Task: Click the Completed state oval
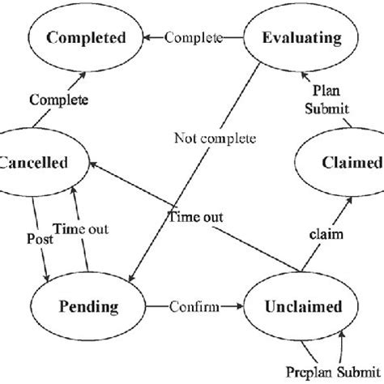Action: (x=85, y=37)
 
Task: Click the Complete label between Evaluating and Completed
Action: (x=194, y=37)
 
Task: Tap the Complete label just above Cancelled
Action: (x=59, y=100)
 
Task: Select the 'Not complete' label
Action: (x=208, y=137)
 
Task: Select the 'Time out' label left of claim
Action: (x=195, y=216)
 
